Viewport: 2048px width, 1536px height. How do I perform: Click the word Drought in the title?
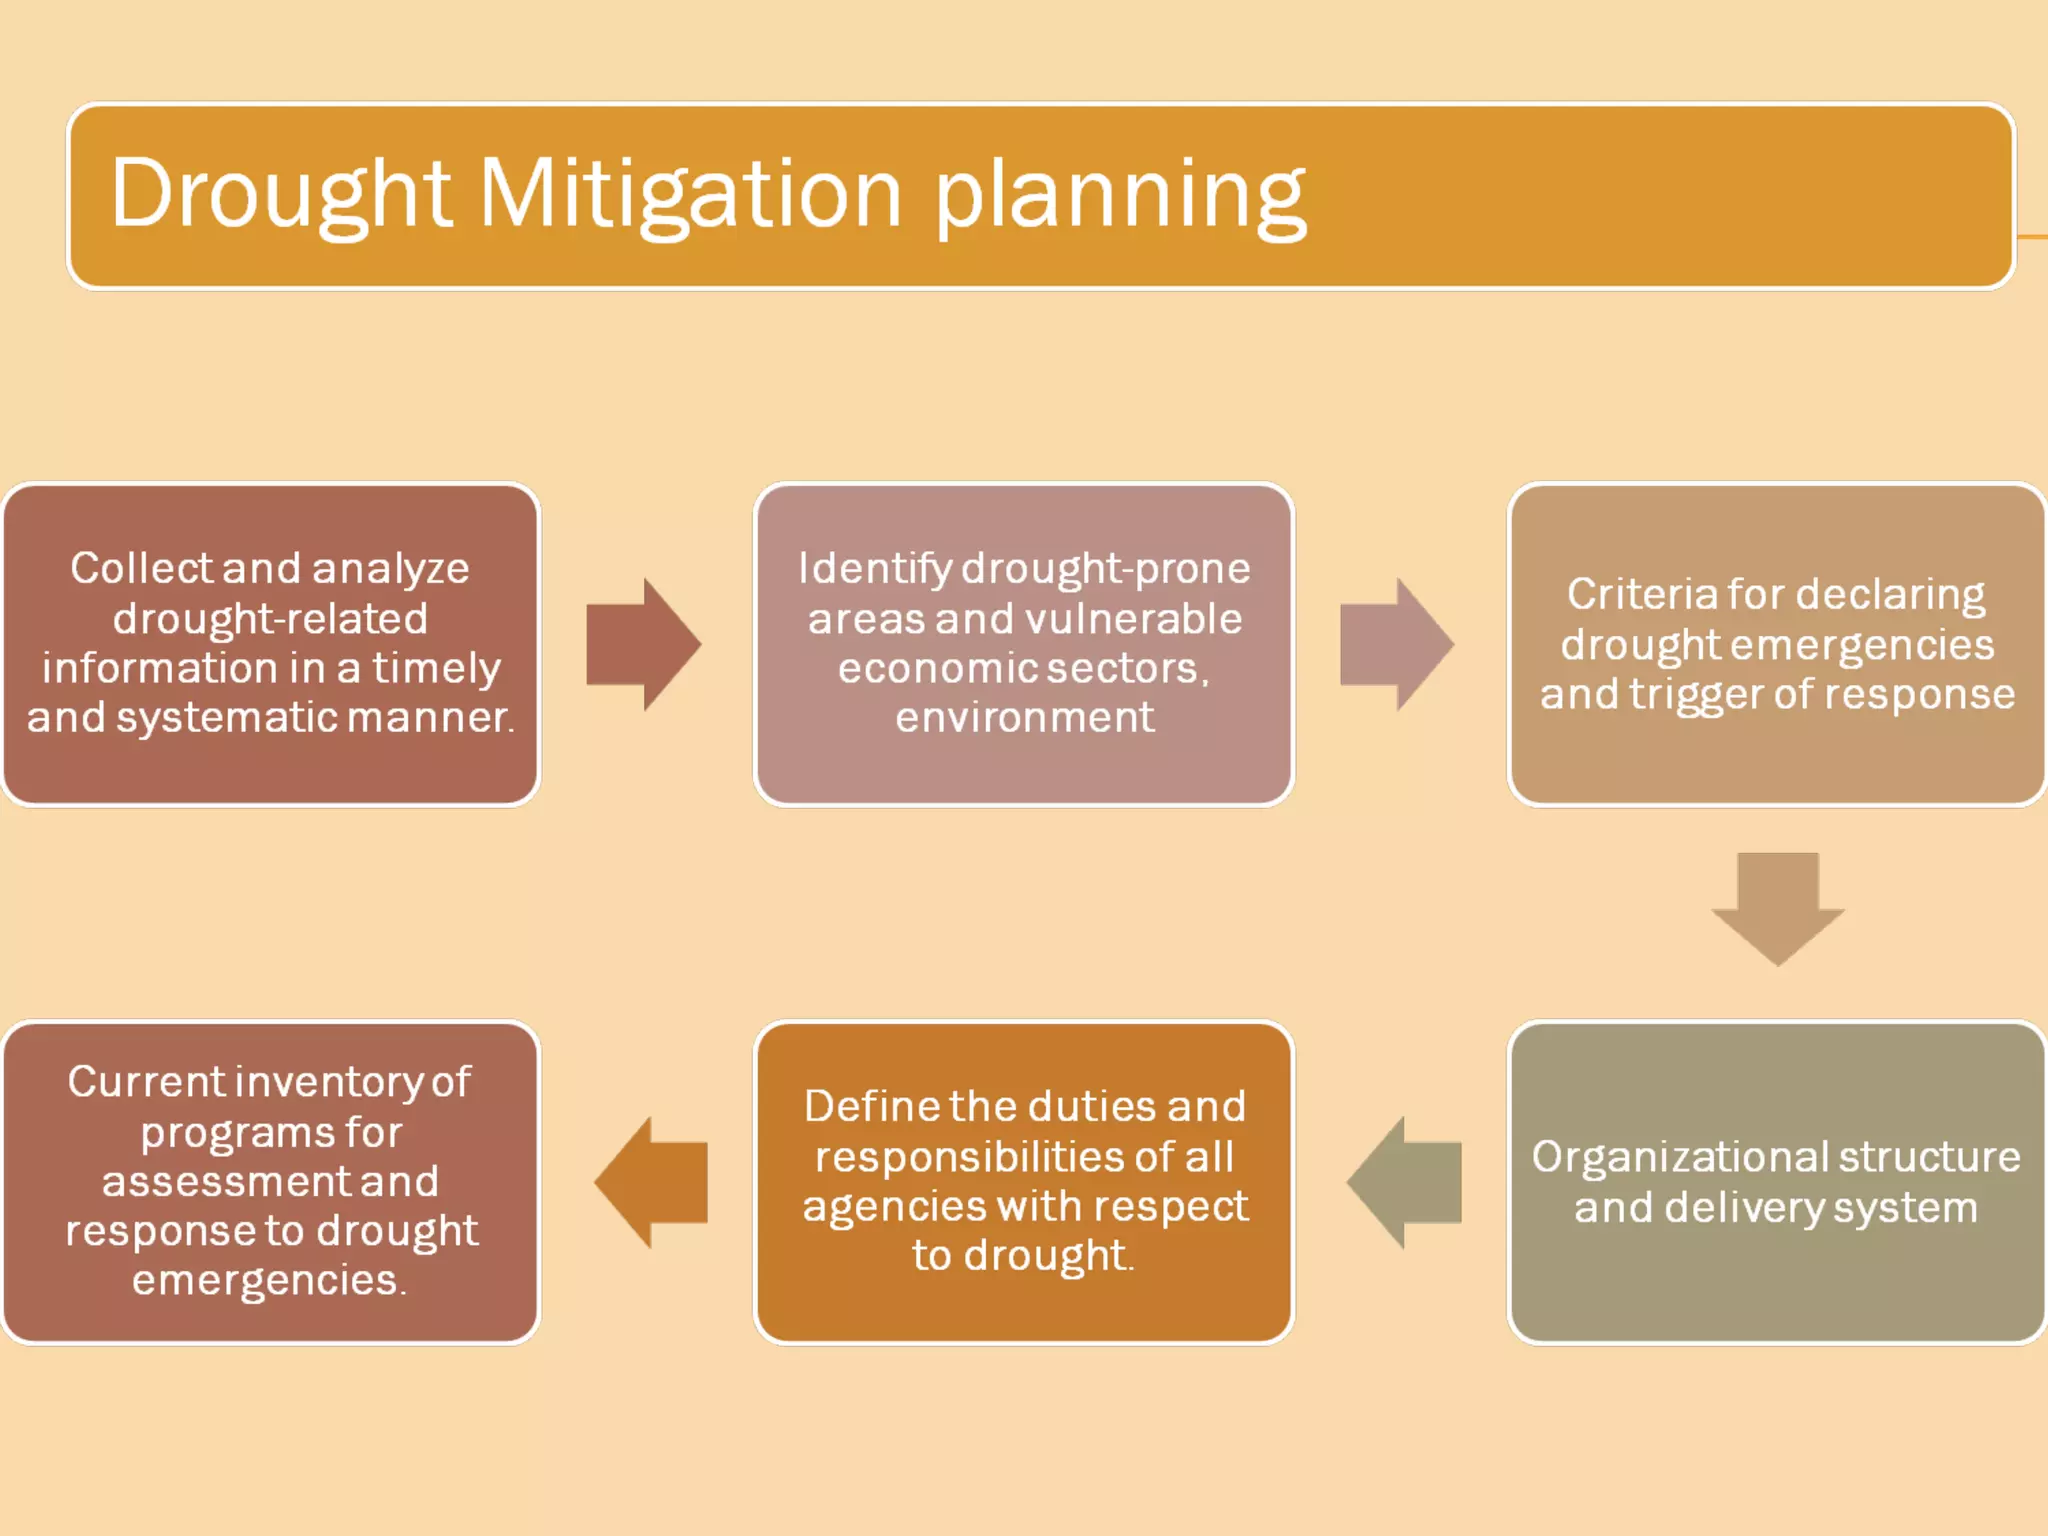(x=280, y=195)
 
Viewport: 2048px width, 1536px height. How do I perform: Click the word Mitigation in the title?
(x=690, y=195)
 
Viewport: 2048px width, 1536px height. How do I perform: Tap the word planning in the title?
(x=1120, y=195)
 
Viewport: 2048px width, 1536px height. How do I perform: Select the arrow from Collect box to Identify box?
(x=642, y=645)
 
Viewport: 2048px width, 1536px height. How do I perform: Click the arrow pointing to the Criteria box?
(x=1396, y=645)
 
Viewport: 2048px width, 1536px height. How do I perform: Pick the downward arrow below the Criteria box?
(x=1777, y=907)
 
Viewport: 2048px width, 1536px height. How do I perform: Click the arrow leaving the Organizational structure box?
(x=1405, y=1182)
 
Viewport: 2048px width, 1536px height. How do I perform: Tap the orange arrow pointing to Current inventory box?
(x=652, y=1182)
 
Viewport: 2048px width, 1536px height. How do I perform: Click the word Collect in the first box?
(x=141, y=568)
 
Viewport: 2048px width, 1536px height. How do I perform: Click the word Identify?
(x=874, y=568)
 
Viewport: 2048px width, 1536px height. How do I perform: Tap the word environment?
(x=1024, y=717)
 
